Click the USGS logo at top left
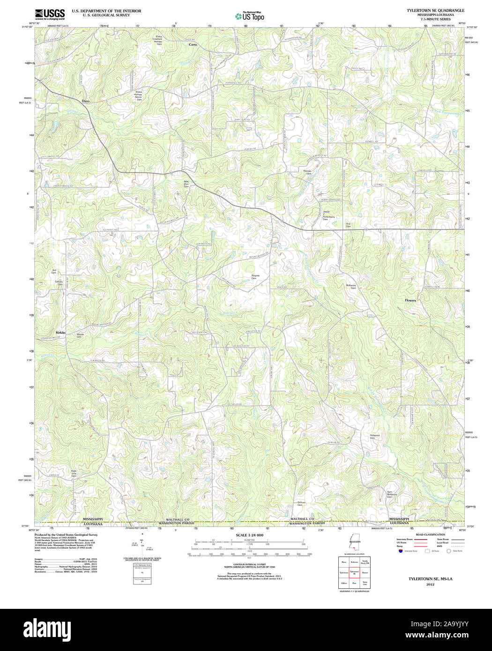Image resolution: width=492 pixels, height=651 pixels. (x=50, y=14)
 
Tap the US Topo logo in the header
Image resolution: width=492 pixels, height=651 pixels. (x=250, y=16)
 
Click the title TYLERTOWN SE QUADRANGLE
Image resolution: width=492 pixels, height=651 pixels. (x=435, y=10)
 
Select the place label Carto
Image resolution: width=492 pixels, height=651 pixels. (x=193, y=44)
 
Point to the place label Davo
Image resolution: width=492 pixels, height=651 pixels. (x=85, y=101)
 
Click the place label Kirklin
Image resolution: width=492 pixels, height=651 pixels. (x=60, y=333)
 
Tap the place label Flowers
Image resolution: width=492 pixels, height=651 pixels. (x=410, y=300)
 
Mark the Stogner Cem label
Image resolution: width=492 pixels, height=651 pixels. (x=255, y=277)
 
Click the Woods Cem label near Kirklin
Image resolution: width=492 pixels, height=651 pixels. (x=80, y=335)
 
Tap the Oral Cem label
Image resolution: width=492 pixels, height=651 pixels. (x=348, y=225)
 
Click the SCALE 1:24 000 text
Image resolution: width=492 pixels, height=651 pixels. (x=249, y=535)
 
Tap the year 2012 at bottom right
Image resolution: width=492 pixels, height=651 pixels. (x=430, y=584)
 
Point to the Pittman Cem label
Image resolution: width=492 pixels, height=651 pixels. (x=307, y=172)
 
